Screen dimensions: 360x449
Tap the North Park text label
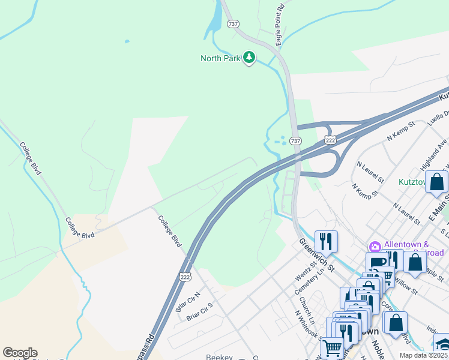pos(220,58)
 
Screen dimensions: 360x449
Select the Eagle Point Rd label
pos(280,25)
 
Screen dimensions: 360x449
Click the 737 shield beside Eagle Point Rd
pos(233,24)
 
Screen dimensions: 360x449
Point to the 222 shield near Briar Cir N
pos(185,274)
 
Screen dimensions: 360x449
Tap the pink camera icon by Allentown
pos(375,247)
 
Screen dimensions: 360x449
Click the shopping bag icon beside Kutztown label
pos(436,181)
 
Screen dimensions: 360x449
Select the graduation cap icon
pos(443,344)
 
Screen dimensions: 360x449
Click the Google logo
pos(20,353)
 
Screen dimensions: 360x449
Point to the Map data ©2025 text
pos(423,355)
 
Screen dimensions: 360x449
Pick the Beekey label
pos(218,356)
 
